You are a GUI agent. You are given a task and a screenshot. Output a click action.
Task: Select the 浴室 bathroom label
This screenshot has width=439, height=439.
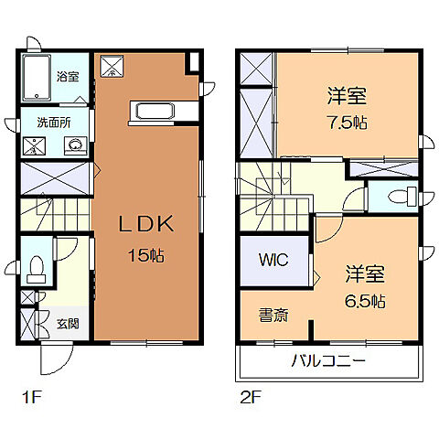[x=68, y=76]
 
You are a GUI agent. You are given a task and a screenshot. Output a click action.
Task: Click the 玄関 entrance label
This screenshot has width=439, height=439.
[x=66, y=322]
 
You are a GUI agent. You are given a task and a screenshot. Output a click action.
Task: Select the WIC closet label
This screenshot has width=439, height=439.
[x=273, y=260]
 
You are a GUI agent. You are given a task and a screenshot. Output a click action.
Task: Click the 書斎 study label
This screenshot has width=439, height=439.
[x=273, y=316]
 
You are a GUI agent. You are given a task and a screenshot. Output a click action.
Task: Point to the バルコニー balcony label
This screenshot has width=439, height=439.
[x=328, y=360]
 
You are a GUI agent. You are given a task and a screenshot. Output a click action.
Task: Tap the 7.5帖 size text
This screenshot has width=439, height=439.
[x=348, y=123]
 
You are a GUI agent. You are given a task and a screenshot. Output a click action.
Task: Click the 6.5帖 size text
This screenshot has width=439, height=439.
[x=365, y=300]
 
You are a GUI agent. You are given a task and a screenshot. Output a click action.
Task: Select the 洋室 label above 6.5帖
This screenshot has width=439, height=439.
[x=364, y=273]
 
